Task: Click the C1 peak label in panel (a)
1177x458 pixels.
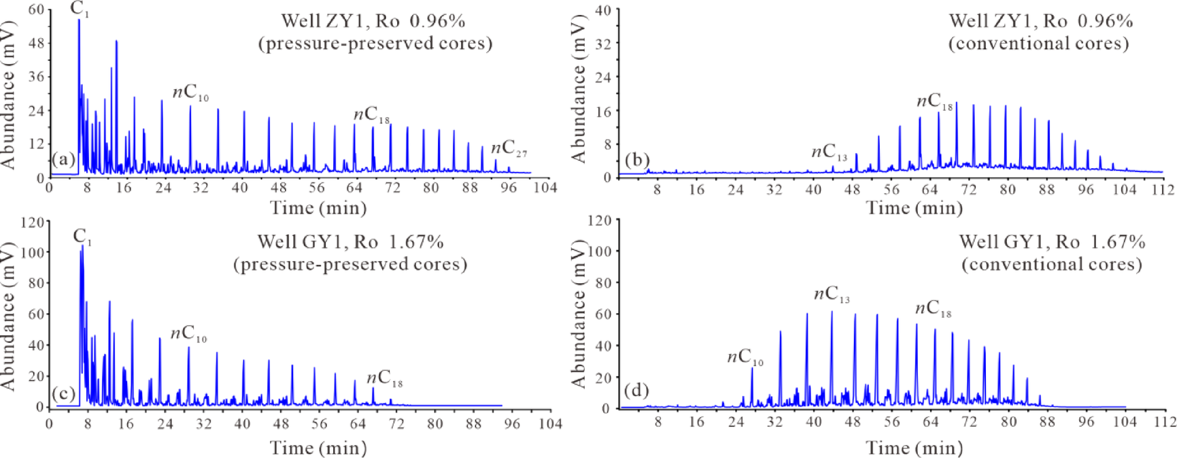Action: pos(80,9)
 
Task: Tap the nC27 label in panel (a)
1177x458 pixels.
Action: pos(509,148)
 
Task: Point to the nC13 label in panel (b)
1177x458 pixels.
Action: pos(829,153)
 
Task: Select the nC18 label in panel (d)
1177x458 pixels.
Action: pos(933,309)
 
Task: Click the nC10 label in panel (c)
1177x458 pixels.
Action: pos(188,334)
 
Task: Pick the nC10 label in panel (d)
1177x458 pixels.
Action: pos(745,358)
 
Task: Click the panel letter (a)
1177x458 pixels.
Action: pos(63,160)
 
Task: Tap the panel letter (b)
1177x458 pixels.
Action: pos(637,160)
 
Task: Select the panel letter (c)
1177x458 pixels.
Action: pos(63,394)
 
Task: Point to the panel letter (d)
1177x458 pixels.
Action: pos(637,391)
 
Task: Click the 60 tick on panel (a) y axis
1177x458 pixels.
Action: pos(36,10)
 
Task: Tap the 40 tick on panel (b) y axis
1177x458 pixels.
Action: pos(602,10)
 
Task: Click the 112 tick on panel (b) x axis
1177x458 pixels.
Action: pos(1163,190)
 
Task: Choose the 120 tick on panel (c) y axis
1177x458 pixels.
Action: pos(33,222)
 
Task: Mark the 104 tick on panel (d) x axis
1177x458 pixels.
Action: pos(1125,422)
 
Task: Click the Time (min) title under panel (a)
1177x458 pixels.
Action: pos(318,208)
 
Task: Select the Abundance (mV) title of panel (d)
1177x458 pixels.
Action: pos(579,314)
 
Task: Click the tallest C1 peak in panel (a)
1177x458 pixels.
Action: pos(79,20)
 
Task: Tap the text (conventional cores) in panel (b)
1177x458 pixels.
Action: pos(1038,44)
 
